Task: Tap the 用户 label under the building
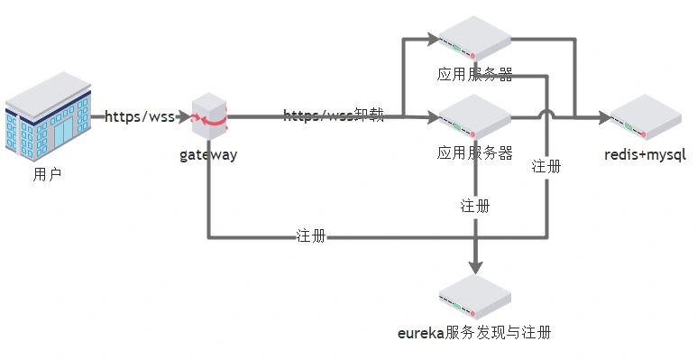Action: pyautogui.click(x=47, y=175)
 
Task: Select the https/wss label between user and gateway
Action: pyautogui.click(x=139, y=116)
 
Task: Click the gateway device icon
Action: pyautogui.click(x=210, y=115)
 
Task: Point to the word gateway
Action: pyautogui.click(x=208, y=154)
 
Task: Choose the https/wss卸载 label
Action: pyautogui.click(x=334, y=115)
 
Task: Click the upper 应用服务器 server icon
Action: pyautogui.click(x=474, y=38)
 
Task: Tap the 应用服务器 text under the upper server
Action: pyautogui.click(x=475, y=75)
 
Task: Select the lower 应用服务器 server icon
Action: pyautogui.click(x=474, y=116)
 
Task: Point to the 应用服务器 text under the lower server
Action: pyautogui.click(x=475, y=152)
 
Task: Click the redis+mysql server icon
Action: pyautogui.click(x=646, y=116)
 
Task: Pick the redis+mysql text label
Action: pyautogui.click(x=646, y=154)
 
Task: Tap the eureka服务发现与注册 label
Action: pyautogui.click(x=474, y=333)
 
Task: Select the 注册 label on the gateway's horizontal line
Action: pyautogui.click(x=311, y=236)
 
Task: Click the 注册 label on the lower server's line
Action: pyautogui.click(x=475, y=206)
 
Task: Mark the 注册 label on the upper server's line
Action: pyautogui.click(x=546, y=166)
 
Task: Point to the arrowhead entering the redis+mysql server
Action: pyautogui.click(x=603, y=116)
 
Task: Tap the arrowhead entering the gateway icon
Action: pyautogui.click(x=184, y=116)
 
